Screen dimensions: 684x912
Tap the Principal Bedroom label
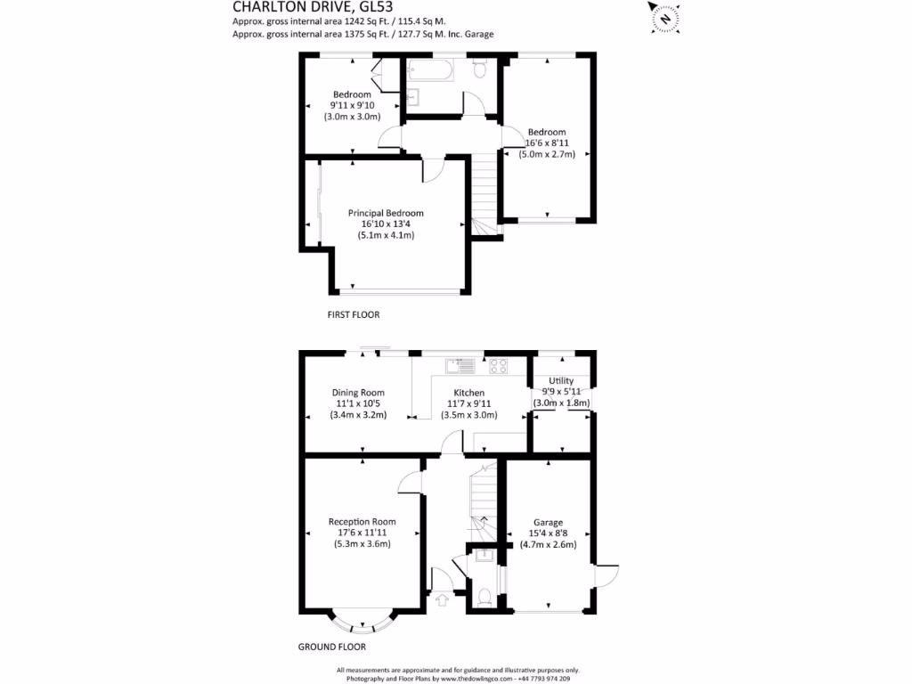click(386, 214)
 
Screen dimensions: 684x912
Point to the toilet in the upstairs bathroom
click(480, 69)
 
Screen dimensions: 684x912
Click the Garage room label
click(548, 523)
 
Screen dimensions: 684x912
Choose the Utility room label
click(561, 381)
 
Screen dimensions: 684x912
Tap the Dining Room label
click(358, 393)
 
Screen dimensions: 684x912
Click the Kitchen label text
click(469, 393)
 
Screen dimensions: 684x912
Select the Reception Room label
click(362, 522)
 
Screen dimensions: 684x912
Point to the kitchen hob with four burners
click(498, 364)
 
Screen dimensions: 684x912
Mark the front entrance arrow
click(442, 601)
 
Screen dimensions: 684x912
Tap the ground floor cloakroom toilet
click(484, 596)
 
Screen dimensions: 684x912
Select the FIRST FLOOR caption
click(354, 315)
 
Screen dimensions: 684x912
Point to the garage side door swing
click(606, 577)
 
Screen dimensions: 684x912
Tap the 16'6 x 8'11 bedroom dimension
click(547, 142)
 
